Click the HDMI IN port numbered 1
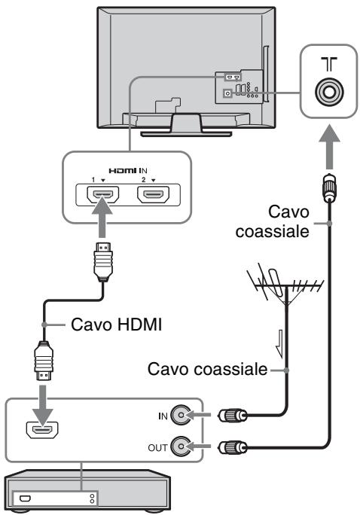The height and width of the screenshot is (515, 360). pos(103,194)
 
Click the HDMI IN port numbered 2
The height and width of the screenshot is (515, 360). pos(154,194)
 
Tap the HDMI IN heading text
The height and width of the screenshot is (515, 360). pos(128,171)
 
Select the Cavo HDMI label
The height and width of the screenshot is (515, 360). pos(116,325)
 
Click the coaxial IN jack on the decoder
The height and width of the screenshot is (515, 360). pos(181,416)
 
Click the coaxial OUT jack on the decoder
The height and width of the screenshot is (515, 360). pos(181,446)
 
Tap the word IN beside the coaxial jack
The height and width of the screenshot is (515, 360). pos(163,416)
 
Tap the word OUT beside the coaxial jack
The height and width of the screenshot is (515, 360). pos(157,448)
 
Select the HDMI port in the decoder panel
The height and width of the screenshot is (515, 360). pos(42,430)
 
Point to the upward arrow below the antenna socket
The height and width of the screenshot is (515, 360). pos(329,147)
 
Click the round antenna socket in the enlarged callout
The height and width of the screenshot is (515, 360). pos(329,91)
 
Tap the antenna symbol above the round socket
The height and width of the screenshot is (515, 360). pos(329,64)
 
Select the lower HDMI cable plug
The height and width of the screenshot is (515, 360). pos(44,361)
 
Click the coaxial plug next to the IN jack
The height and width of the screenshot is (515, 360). pos(233,416)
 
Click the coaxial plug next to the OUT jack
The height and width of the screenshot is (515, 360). pos(233,446)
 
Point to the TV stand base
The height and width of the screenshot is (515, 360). pos(186,134)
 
